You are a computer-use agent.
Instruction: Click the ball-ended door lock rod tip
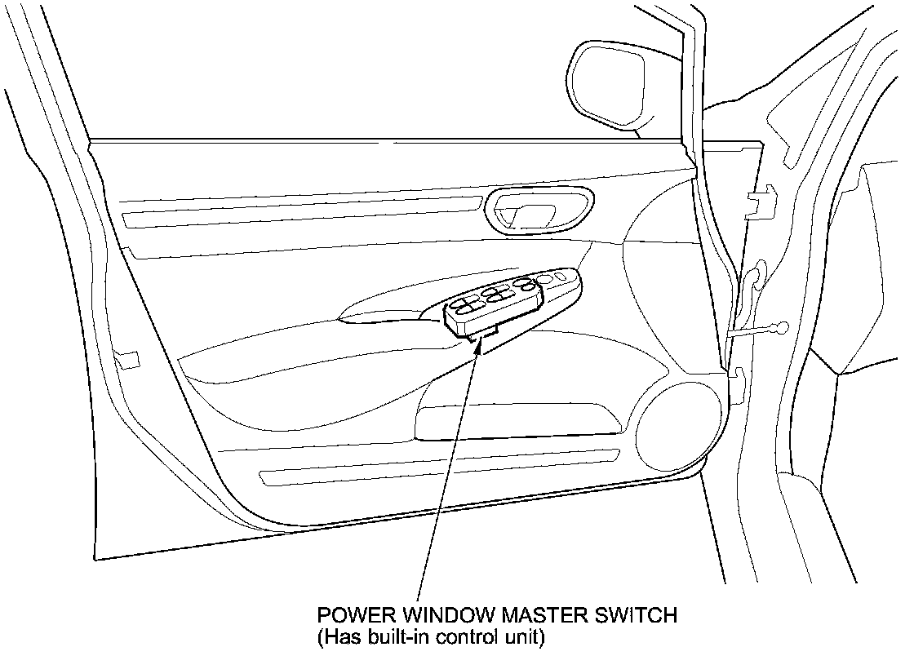click(782, 328)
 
